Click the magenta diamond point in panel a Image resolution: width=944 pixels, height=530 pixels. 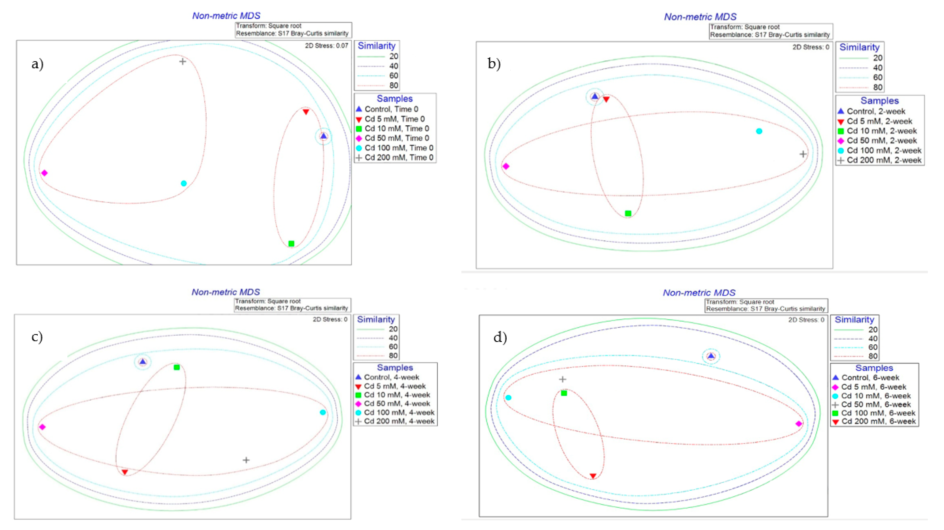pos(44,173)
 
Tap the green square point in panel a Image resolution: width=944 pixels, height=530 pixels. pos(291,243)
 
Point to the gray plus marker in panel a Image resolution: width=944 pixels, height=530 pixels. pos(182,61)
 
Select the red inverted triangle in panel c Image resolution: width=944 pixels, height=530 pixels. pos(125,472)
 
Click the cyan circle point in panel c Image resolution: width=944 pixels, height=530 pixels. pos(323,412)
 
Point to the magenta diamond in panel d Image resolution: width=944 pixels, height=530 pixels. pos(799,424)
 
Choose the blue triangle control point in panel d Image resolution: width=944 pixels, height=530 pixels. pos(711,356)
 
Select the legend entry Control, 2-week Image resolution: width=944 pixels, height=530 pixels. pos(876,111)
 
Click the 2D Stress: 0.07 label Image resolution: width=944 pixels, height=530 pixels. pos(327,46)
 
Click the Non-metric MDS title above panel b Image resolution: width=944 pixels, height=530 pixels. pos(700,17)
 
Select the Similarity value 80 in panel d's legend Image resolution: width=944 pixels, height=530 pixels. pos(873,356)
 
